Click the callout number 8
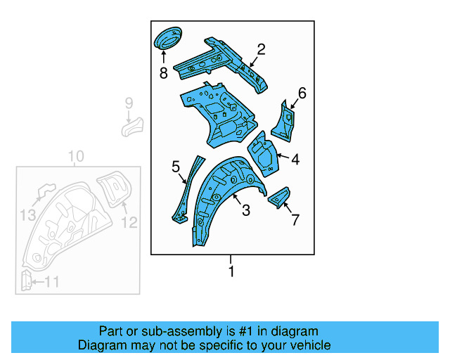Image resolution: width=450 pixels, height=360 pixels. click(163, 72)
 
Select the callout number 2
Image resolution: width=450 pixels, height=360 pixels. click(261, 49)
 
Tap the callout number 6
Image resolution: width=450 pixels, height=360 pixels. click(302, 93)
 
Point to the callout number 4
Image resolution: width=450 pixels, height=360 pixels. click(295, 160)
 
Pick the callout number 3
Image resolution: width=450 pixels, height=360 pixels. click(246, 210)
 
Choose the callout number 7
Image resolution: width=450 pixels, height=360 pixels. click(295, 219)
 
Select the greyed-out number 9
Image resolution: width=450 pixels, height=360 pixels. click(129, 103)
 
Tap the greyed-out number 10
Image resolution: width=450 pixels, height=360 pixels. click(76, 156)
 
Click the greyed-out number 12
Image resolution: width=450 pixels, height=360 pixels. click(130, 223)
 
